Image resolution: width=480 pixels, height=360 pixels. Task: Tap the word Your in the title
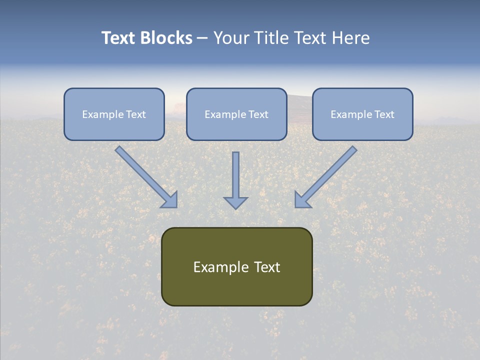[x=232, y=38]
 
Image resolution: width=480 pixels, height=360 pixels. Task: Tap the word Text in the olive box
[x=267, y=267]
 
